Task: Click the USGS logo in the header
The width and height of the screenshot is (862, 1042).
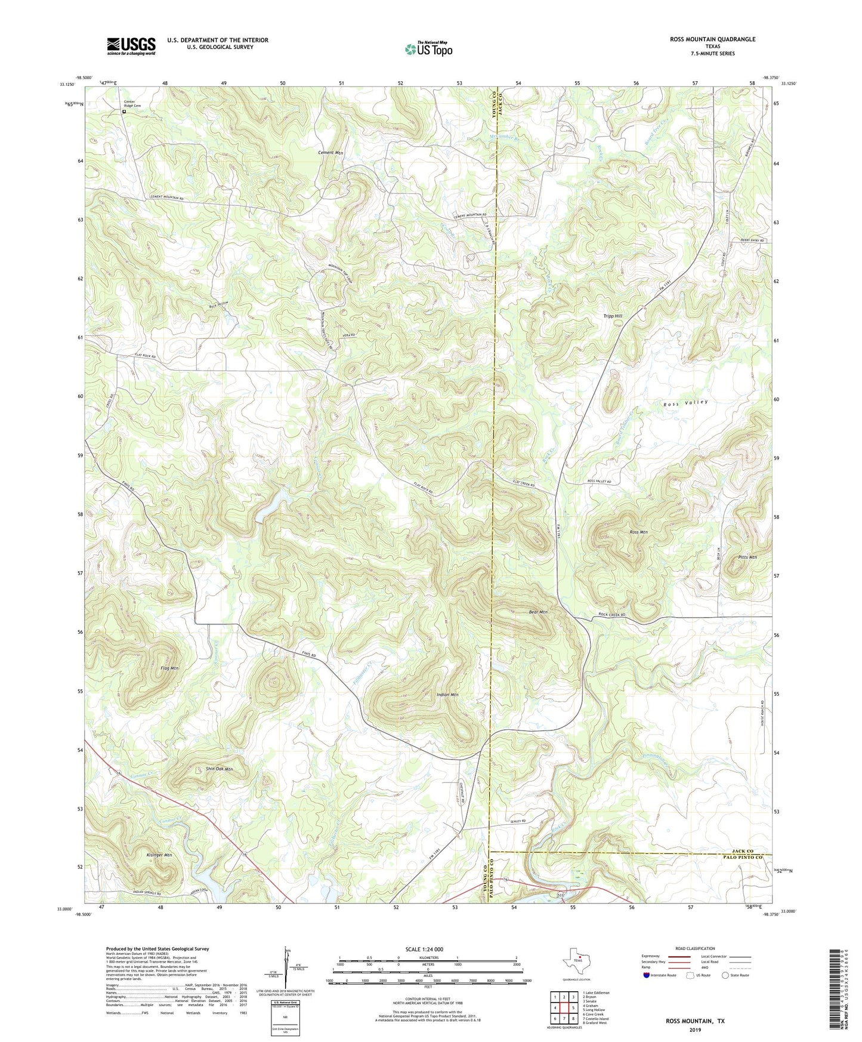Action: pyautogui.click(x=131, y=45)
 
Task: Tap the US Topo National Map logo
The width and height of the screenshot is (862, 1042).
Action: pyautogui.click(x=427, y=49)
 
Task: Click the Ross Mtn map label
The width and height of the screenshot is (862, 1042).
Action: pyautogui.click(x=638, y=532)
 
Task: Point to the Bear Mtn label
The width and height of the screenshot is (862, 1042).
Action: pyautogui.click(x=538, y=612)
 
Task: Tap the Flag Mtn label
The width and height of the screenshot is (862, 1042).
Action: pyautogui.click(x=169, y=668)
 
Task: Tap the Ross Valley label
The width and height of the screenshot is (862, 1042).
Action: pyautogui.click(x=685, y=403)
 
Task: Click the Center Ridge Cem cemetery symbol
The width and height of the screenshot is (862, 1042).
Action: pyautogui.click(x=125, y=112)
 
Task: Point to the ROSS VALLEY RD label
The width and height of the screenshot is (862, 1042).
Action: pyautogui.click(x=603, y=481)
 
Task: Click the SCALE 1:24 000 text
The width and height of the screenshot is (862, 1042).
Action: pyautogui.click(x=427, y=949)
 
